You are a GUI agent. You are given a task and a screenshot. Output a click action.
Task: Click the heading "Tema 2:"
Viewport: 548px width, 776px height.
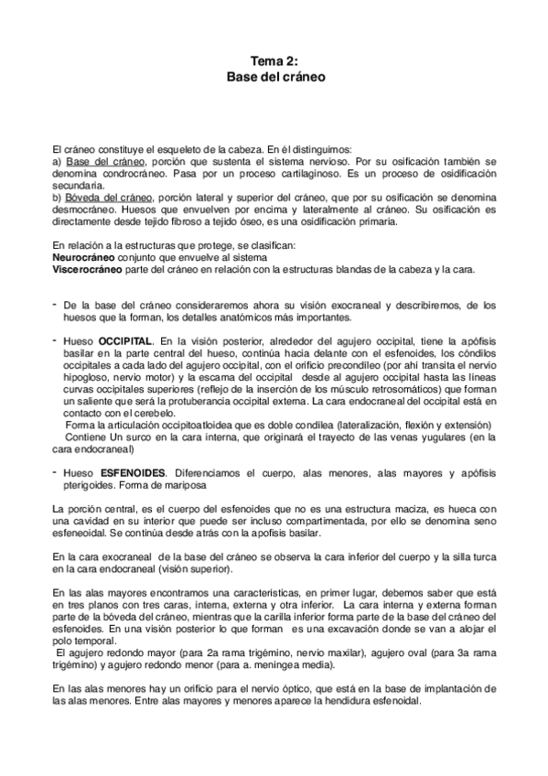click(x=274, y=60)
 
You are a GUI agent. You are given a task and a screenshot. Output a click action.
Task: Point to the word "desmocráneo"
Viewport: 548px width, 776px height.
click(x=88, y=209)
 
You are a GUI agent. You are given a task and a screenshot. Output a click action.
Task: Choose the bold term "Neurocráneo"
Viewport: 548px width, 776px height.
click(x=85, y=258)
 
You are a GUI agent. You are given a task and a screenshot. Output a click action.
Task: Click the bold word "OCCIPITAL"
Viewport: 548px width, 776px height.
click(x=126, y=340)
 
